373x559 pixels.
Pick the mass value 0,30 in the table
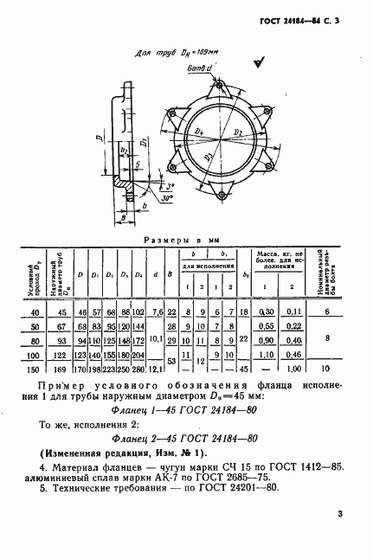[267, 312]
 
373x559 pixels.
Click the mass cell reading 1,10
[267, 356]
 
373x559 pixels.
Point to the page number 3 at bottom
[340, 517]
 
